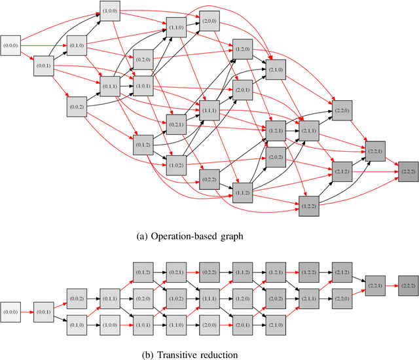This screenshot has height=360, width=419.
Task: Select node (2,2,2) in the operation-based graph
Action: click(x=408, y=170)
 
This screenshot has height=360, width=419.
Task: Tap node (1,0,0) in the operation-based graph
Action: click(x=110, y=11)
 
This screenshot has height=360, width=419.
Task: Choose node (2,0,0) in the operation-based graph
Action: click(x=209, y=19)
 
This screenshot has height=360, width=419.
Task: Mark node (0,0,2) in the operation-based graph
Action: click(x=77, y=107)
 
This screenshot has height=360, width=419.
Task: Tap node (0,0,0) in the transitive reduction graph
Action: click(x=11, y=306)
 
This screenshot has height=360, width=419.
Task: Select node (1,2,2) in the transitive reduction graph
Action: click(x=308, y=270)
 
